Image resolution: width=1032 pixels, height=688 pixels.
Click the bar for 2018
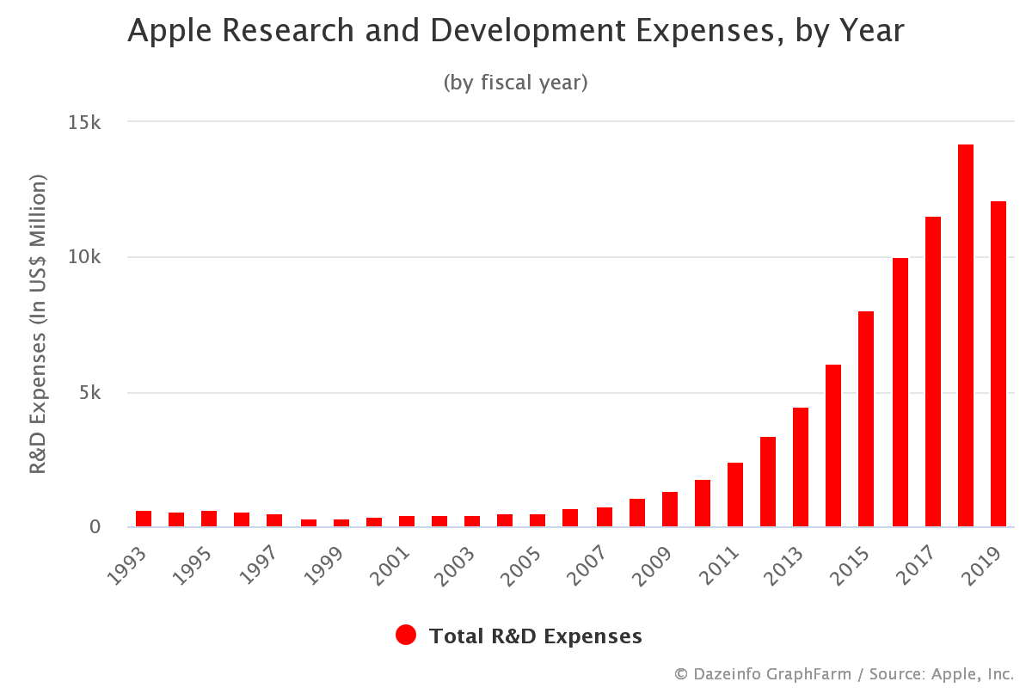tap(966, 335)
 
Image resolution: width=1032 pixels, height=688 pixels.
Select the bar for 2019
tap(998, 364)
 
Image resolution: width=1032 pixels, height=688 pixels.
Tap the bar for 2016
tap(900, 392)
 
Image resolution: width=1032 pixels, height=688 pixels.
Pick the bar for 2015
tap(866, 419)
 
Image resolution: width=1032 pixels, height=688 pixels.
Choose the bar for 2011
tap(735, 494)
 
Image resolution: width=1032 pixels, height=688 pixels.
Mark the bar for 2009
tap(670, 509)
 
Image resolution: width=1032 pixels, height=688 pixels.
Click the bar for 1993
tap(144, 519)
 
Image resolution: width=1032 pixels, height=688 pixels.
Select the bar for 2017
tap(933, 372)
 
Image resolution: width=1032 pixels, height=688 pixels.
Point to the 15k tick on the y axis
tap(85, 122)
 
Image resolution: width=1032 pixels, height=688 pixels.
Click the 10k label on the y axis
tap(85, 257)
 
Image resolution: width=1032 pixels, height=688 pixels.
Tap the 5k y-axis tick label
tap(90, 393)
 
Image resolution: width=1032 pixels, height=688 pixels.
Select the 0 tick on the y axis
tap(96, 527)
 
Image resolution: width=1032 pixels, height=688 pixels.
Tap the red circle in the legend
tap(406, 636)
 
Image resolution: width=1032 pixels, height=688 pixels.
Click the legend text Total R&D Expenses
tap(535, 636)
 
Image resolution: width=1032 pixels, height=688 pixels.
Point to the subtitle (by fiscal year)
tap(515, 83)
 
